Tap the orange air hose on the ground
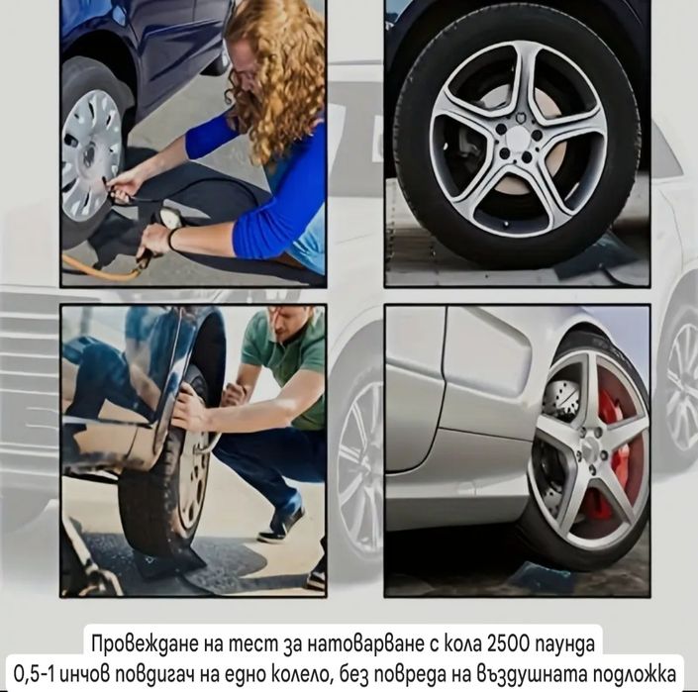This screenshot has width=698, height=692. click(x=99, y=268)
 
